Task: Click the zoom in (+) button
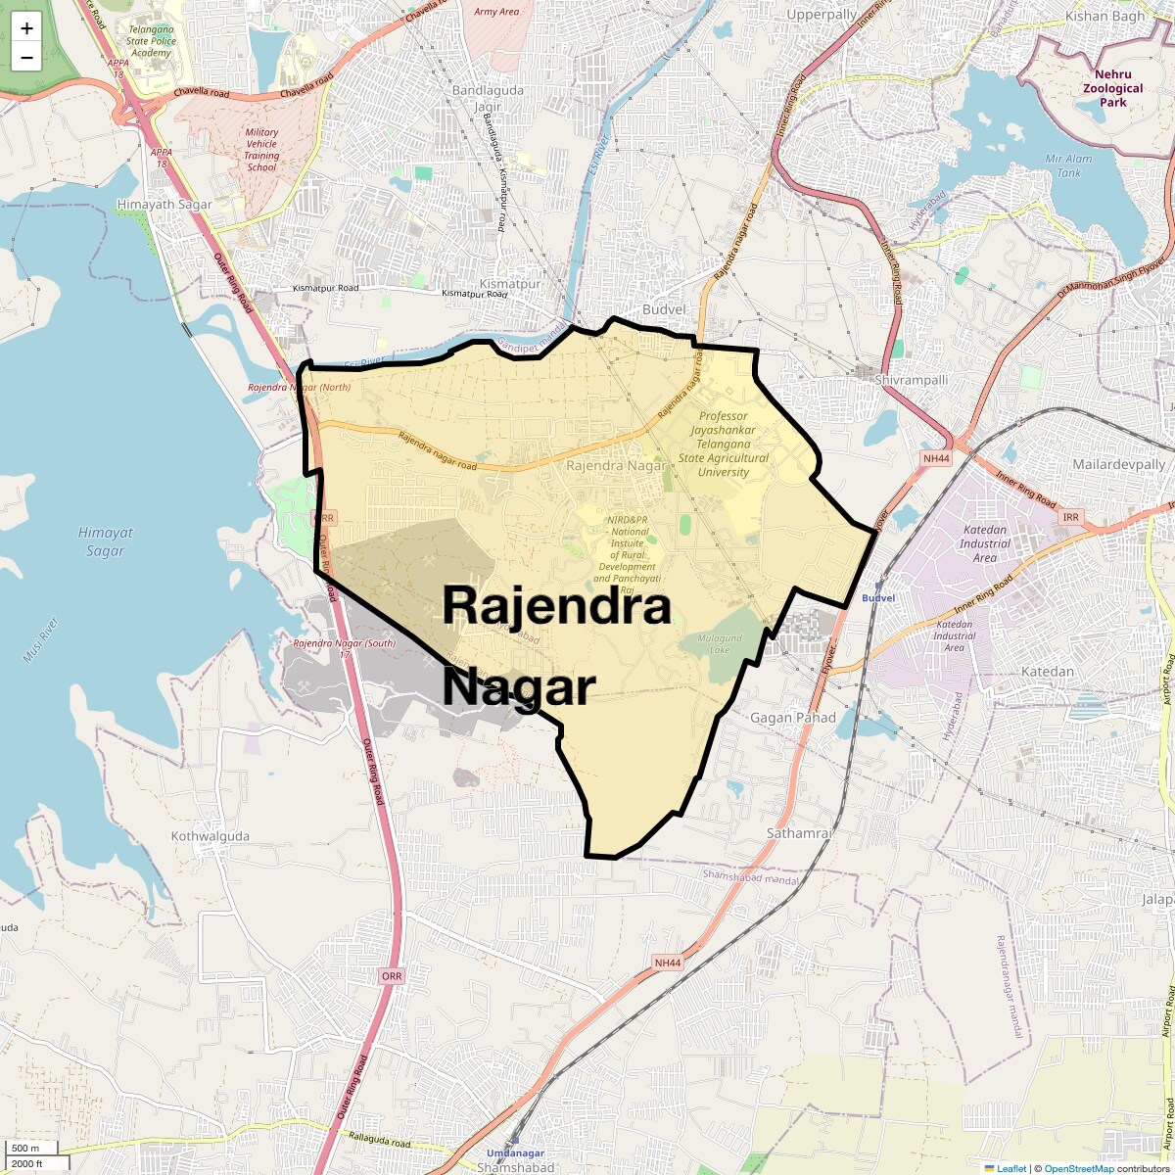click(26, 28)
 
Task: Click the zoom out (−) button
click(26, 57)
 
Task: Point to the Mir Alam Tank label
click(1067, 165)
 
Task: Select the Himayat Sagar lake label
click(105, 541)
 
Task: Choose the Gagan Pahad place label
click(793, 718)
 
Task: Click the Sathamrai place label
click(799, 833)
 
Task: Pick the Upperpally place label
click(822, 16)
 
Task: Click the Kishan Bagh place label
click(1104, 16)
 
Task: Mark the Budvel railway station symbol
click(879, 583)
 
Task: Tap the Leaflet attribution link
click(1010, 1168)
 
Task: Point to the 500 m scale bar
click(29, 1149)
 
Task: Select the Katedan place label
click(1048, 672)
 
